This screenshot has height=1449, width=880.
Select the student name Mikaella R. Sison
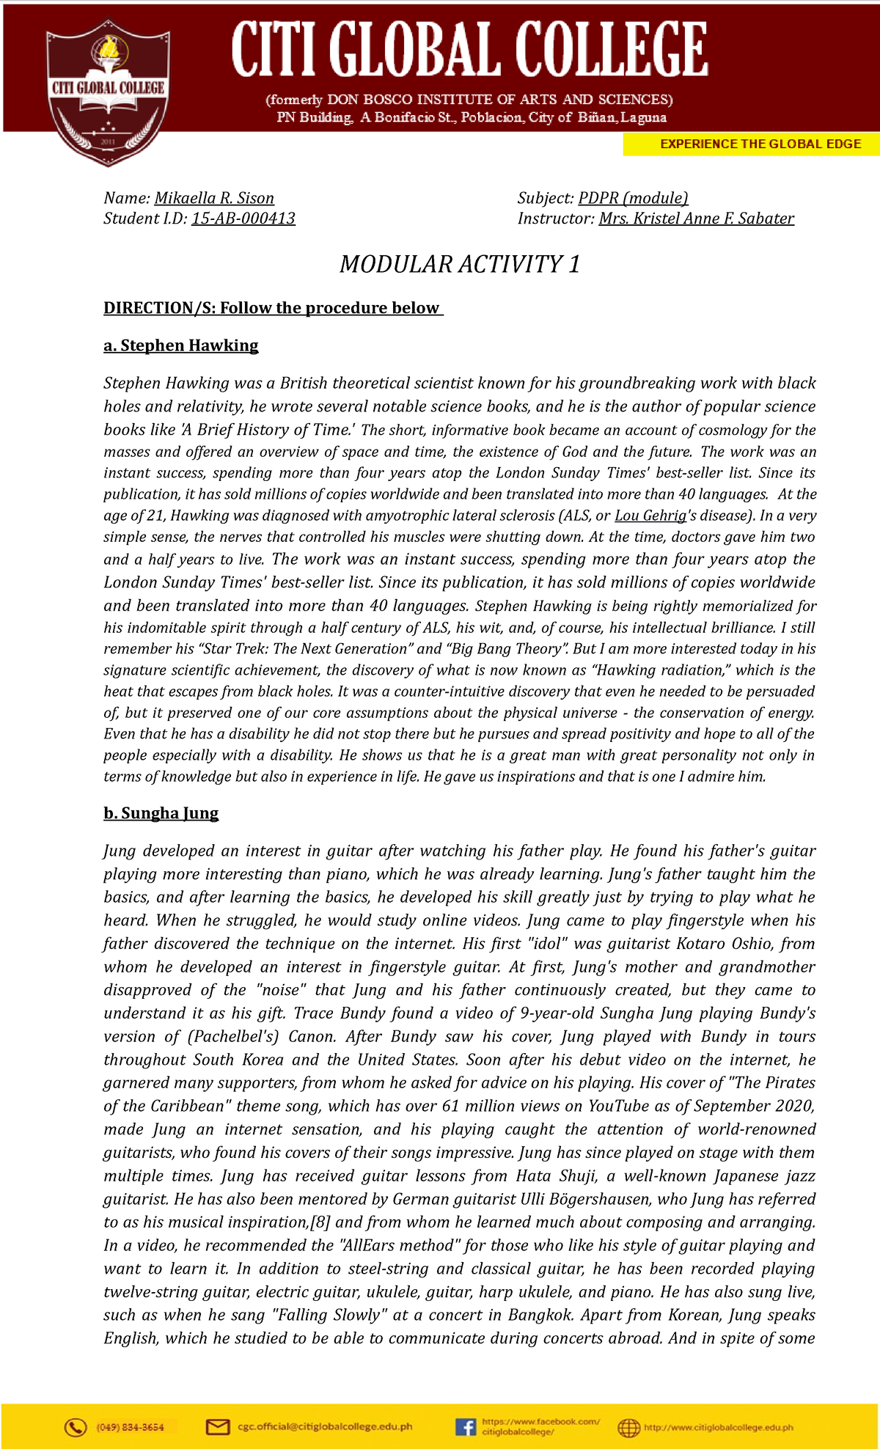pyautogui.click(x=214, y=198)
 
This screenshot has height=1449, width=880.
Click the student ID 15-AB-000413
pyautogui.click(x=243, y=219)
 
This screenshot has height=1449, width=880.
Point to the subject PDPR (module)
pyautogui.click(x=633, y=198)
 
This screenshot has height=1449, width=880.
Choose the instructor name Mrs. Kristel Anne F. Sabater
pyautogui.click(x=696, y=219)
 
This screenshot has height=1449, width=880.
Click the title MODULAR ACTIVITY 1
pyautogui.click(x=460, y=264)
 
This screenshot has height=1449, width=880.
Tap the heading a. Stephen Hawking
pyautogui.click(x=181, y=345)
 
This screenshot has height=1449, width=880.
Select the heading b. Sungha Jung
pyautogui.click(x=161, y=813)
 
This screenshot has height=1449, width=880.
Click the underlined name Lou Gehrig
pyautogui.click(x=650, y=516)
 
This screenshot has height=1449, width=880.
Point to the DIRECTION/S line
pyautogui.click(x=273, y=308)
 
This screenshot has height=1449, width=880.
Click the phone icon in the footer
pyautogui.click(x=75, y=1427)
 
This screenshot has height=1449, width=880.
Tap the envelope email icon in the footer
pyautogui.click(x=218, y=1427)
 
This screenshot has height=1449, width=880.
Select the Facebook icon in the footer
pyautogui.click(x=465, y=1427)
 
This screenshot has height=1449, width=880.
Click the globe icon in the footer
pyautogui.click(x=628, y=1427)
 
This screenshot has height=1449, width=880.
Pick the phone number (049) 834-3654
pyautogui.click(x=130, y=1427)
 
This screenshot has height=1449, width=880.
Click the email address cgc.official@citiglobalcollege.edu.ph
pyautogui.click(x=325, y=1427)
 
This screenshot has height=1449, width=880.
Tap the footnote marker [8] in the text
pyautogui.click(x=320, y=1222)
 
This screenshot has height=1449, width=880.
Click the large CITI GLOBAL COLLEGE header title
pyautogui.click(x=469, y=50)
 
